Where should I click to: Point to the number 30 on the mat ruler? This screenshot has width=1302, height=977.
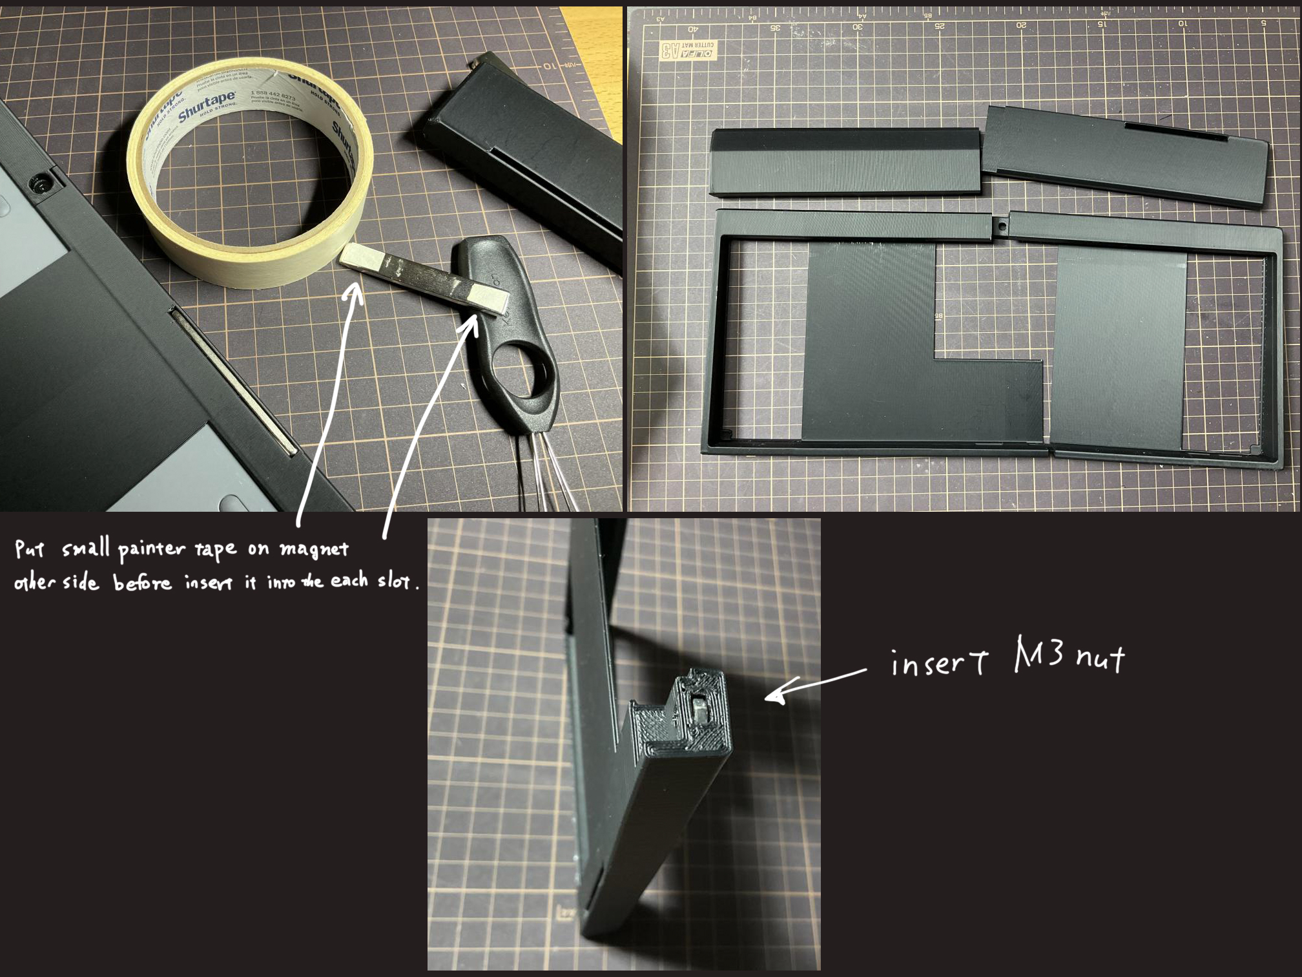[857, 26]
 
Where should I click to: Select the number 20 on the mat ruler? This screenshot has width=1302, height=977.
[1021, 25]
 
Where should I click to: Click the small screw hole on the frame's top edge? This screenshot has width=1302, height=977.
[1000, 227]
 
